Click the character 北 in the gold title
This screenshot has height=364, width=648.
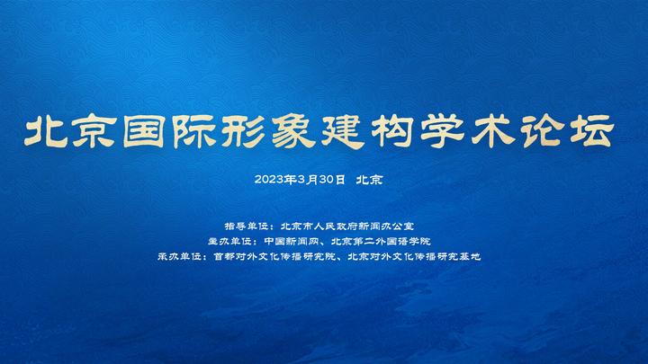[46, 131]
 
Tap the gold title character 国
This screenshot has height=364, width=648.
[144, 131]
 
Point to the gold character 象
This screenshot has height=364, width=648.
[293, 131]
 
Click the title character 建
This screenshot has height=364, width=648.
[343, 131]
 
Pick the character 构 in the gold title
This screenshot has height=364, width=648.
[392, 131]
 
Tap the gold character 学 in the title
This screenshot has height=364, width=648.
[442, 131]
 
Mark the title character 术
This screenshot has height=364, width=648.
[492, 131]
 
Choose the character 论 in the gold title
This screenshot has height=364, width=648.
[542, 131]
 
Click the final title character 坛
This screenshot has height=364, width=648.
[592, 131]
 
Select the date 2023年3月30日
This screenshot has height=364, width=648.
[300, 180]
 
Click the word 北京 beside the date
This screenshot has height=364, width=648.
[370, 180]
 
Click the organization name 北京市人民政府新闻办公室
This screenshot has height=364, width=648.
[347, 226]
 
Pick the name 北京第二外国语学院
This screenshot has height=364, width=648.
[381, 241]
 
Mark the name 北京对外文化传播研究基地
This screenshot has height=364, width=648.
[415, 256]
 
